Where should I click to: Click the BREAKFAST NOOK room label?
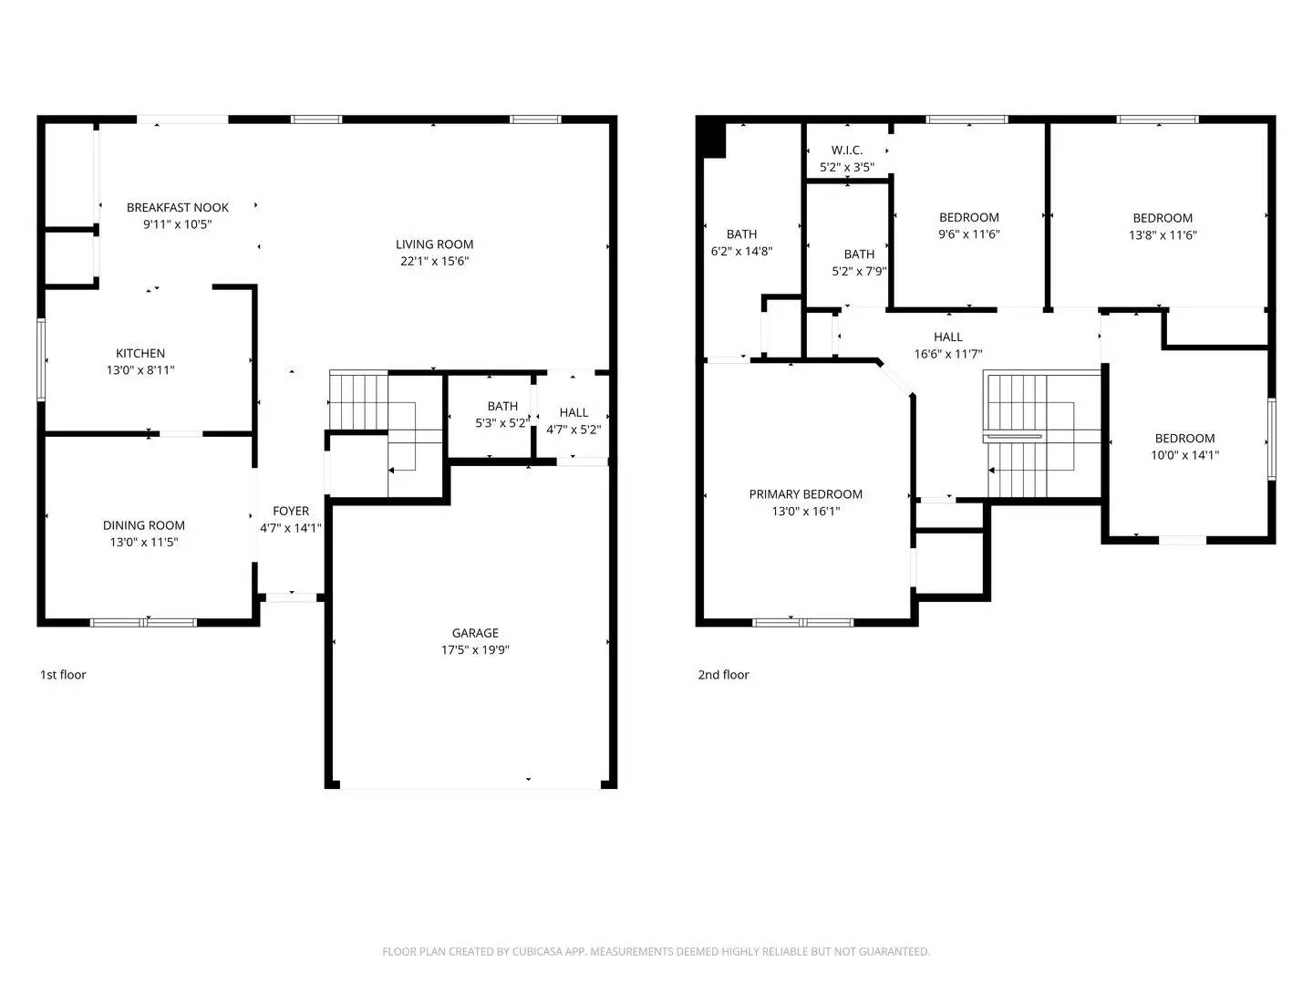tap(178, 208)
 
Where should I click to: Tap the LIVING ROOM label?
tap(434, 244)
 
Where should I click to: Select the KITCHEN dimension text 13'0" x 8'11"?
tap(140, 371)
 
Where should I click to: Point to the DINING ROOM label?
tap(144, 525)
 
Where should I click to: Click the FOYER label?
tap(291, 512)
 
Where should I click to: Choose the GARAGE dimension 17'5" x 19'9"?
tap(475, 650)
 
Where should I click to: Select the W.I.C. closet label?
tap(846, 150)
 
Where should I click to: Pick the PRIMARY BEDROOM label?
tap(805, 494)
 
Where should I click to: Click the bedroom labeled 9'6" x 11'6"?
tap(968, 225)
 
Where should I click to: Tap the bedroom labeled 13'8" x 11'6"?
tap(1163, 226)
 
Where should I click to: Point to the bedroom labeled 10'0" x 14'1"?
tap(1184, 446)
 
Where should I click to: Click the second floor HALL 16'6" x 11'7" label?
tap(948, 346)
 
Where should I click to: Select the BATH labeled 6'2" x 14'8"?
tap(741, 243)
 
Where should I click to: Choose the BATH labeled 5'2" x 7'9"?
tap(859, 263)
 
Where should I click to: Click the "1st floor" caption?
tap(63, 675)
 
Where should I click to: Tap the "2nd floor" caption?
tap(723, 675)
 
